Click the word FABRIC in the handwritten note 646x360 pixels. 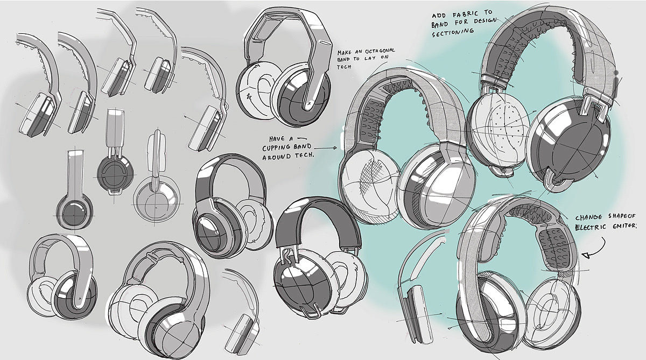pyautogui.click(x=464, y=15)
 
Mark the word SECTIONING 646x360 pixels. pyautogui.click(x=453, y=32)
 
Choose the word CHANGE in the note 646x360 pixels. pyautogui.click(x=589, y=218)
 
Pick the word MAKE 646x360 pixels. pyautogui.click(x=347, y=53)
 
